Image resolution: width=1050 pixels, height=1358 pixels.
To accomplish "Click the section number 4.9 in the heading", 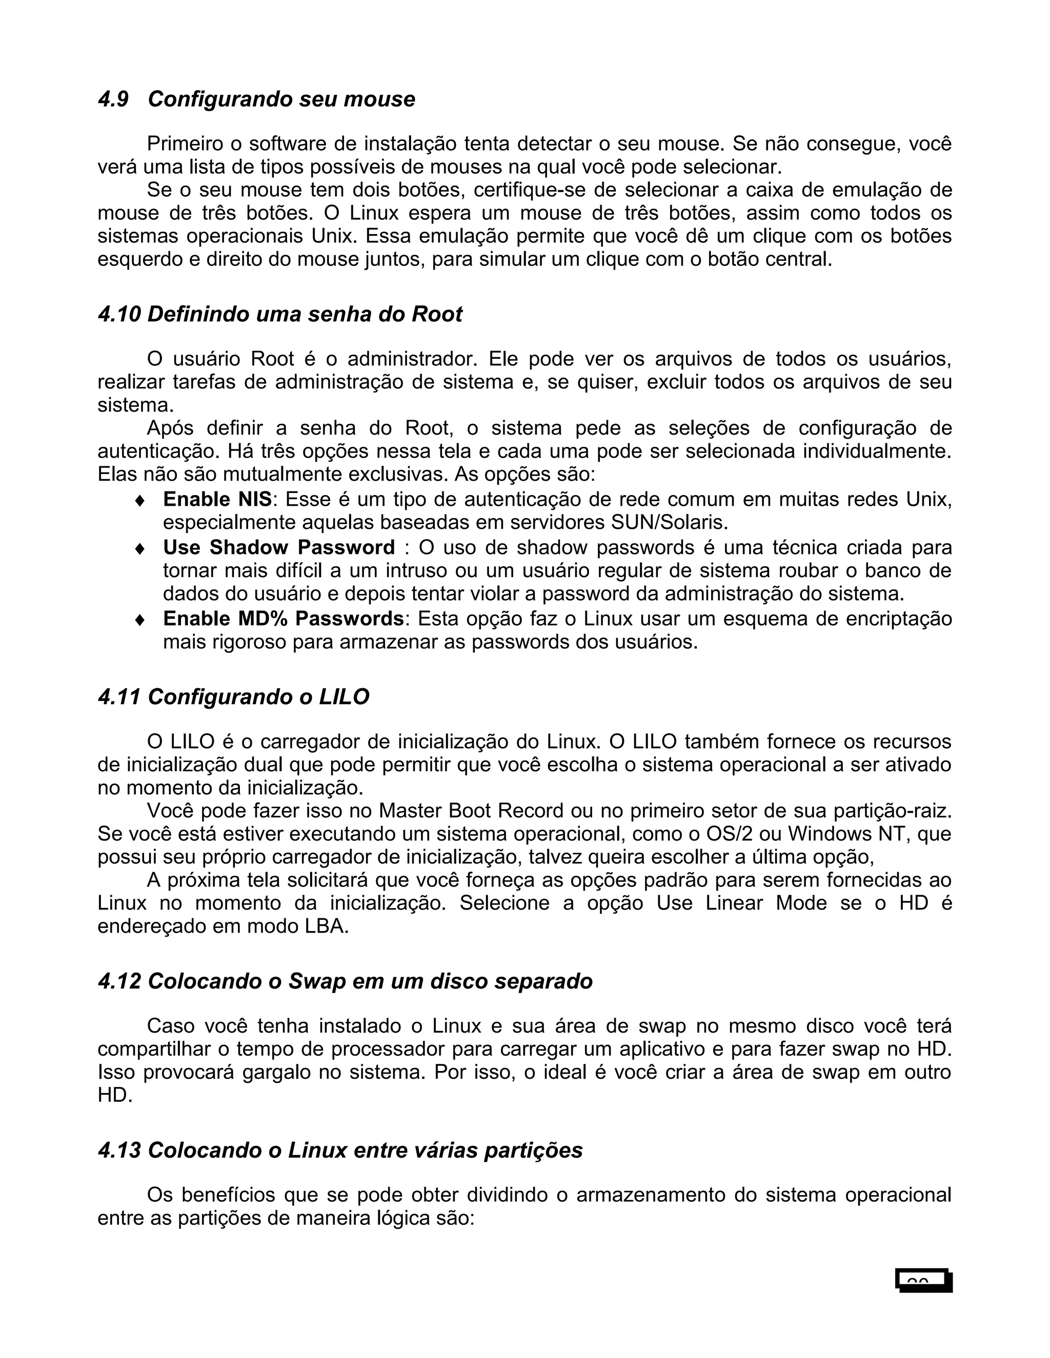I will pyautogui.click(x=113, y=99).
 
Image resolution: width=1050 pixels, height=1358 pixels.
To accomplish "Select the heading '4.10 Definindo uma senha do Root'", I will pyautogui.click(x=280, y=315).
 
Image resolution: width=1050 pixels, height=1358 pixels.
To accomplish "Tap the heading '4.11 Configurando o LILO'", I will pyautogui.click(x=233, y=697).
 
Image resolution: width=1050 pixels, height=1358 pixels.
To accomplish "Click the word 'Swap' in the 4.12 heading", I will pyautogui.click(x=317, y=981).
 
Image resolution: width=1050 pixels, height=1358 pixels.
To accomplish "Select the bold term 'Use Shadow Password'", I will pyautogui.click(x=279, y=547).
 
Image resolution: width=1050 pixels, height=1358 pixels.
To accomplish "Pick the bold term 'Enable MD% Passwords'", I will pyautogui.click(x=283, y=619).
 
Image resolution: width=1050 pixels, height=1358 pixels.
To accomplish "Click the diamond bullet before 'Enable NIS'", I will pyautogui.click(x=140, y=500).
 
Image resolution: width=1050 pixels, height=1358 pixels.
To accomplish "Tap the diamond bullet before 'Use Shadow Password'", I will pyautogui.click(x=140, y=548).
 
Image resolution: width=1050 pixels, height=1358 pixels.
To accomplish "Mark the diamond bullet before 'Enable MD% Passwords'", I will pyautogui.click(x=140, y=620).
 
